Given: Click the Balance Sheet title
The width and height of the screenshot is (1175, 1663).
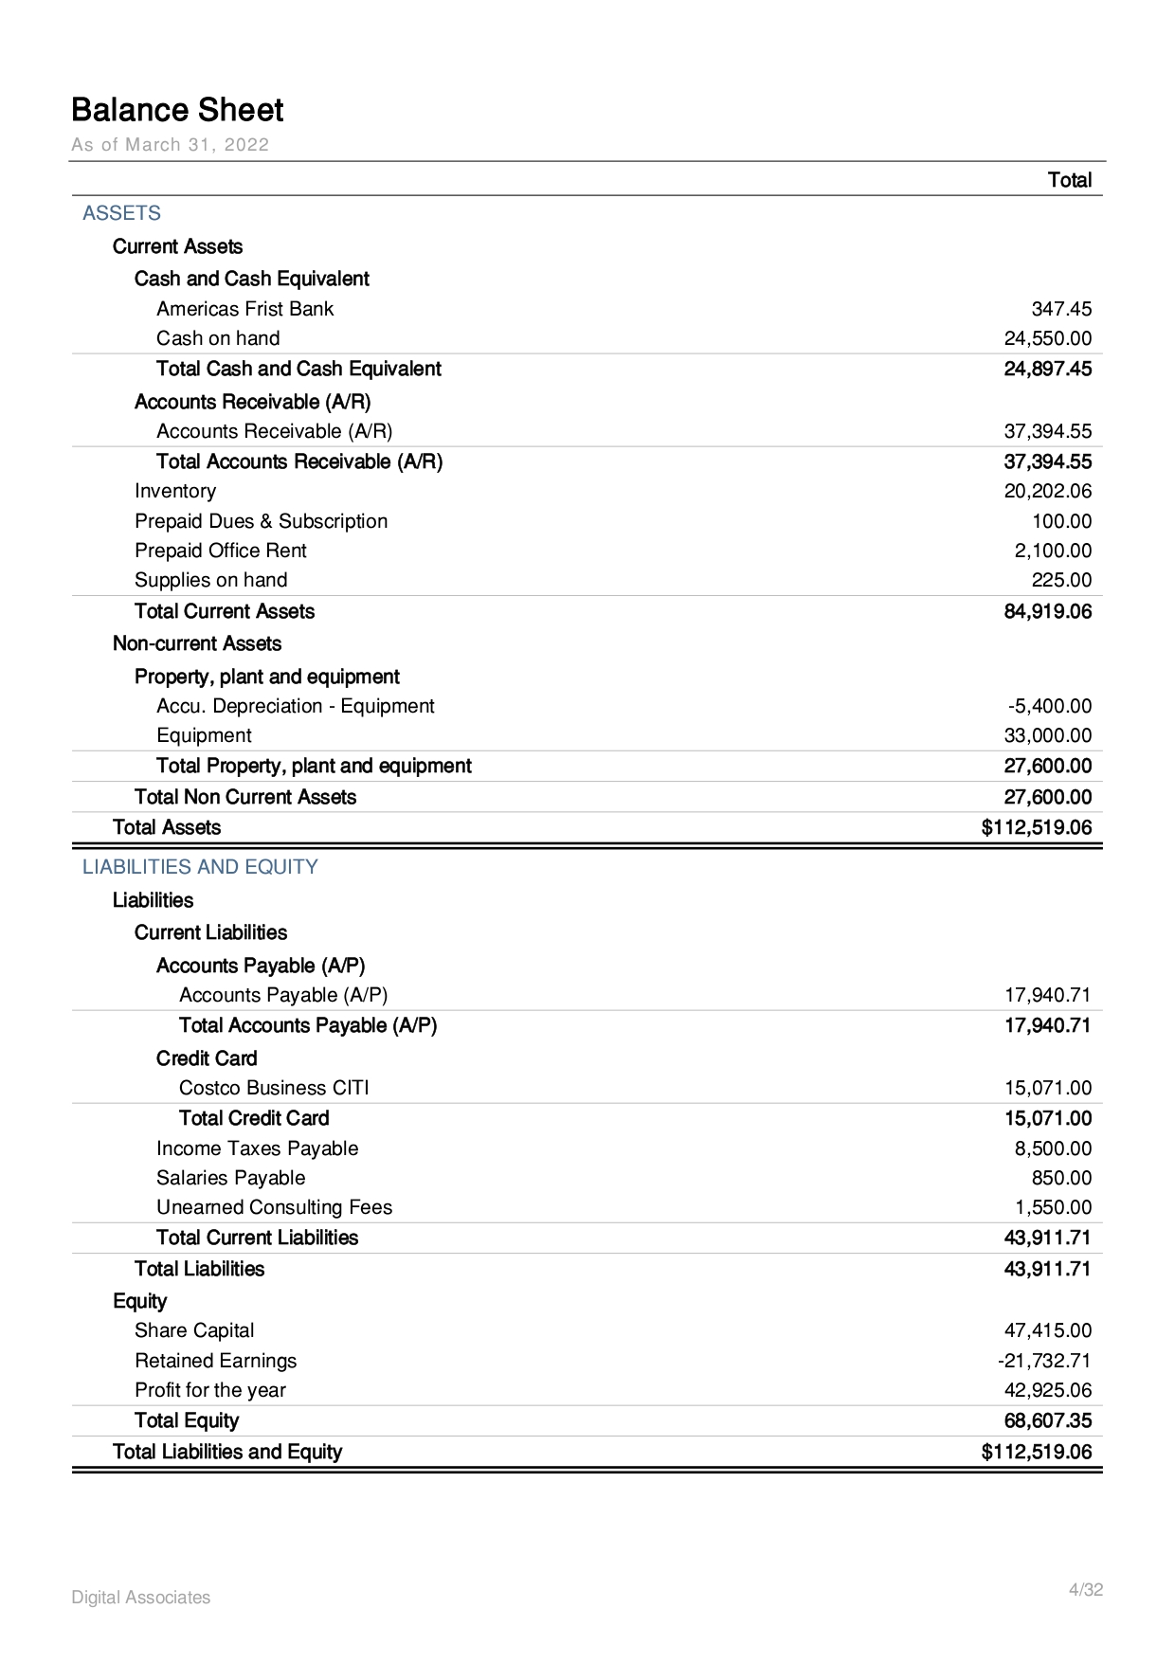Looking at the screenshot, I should (177, 111).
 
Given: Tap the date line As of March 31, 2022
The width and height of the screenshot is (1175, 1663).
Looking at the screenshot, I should (171, 145).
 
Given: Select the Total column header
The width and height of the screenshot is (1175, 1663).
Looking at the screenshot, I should (1069, 180).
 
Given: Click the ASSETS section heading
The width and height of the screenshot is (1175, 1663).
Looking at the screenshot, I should (121, 213).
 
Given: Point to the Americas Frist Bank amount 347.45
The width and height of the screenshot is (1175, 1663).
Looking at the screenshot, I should (1060, 309).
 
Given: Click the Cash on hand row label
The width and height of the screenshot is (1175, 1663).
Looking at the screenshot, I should (218, 338).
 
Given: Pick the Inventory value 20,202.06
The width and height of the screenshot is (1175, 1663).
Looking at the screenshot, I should (1047, 491).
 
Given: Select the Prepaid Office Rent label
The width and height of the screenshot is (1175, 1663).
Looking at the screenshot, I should (221, 551).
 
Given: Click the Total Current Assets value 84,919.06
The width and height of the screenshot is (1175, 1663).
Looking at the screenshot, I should (1047, 611).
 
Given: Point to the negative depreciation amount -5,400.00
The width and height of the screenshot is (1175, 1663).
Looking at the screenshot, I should (1049, 706).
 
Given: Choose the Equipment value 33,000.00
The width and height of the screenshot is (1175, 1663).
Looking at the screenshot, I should (1047, 735).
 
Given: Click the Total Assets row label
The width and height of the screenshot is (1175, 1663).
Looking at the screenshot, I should (167, 827).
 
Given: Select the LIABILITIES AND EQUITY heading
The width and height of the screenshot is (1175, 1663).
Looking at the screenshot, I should (200, 867).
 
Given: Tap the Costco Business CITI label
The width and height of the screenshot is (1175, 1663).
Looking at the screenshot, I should (274, 1088).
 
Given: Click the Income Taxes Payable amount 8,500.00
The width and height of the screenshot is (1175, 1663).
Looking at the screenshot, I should (1053, 1148).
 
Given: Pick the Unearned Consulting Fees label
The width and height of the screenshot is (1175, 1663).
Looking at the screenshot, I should (274, 1207).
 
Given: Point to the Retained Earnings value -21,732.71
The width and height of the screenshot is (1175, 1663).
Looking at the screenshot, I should (1043, 1361).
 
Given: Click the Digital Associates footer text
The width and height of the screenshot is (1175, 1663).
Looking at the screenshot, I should (141, 1598).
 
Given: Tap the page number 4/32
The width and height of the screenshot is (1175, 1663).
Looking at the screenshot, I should (1085, 1590).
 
